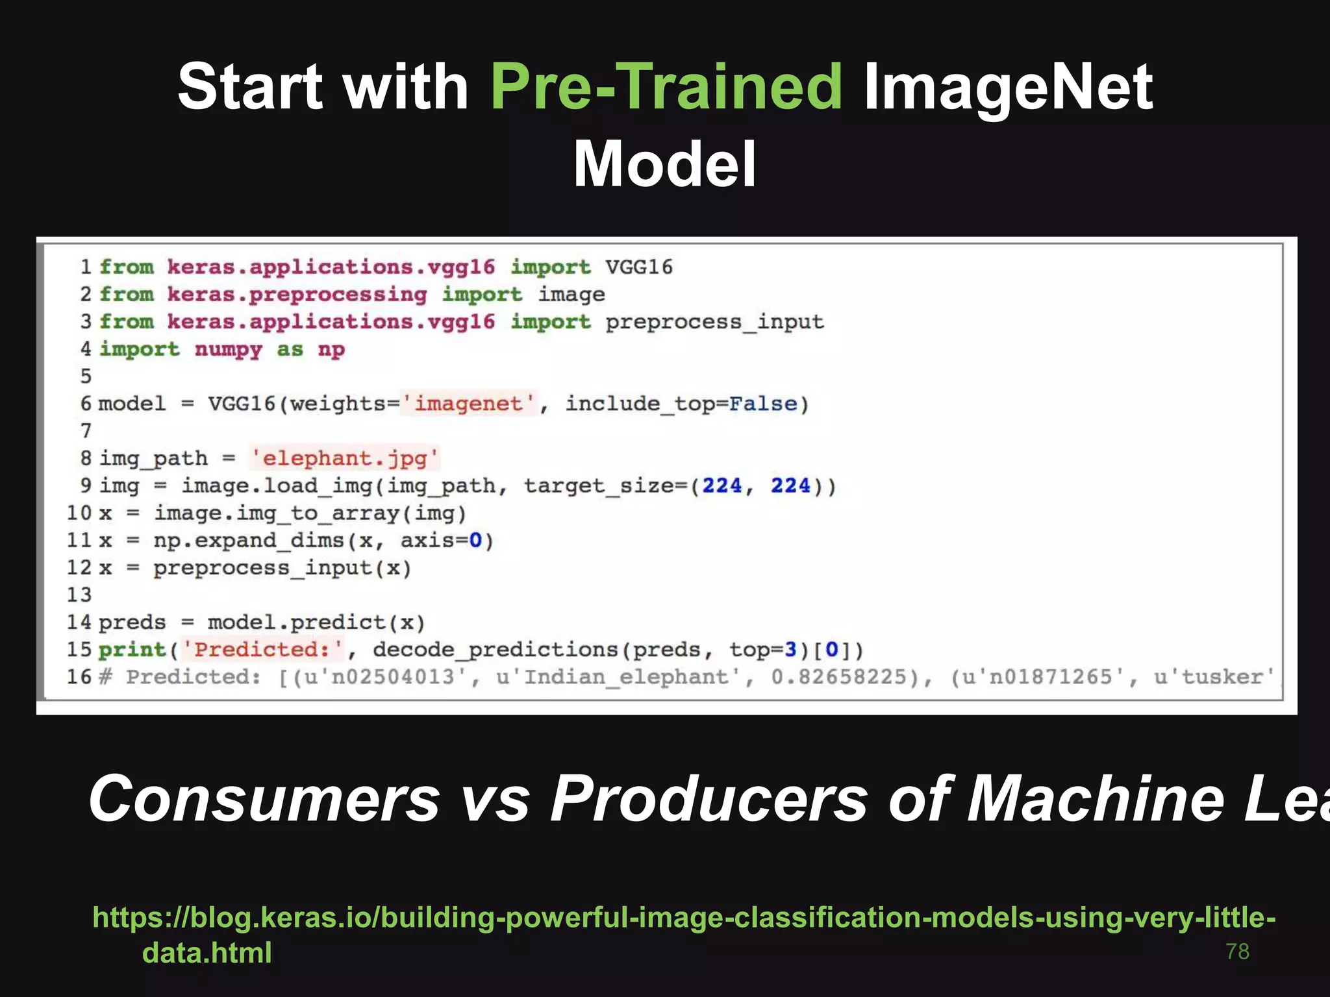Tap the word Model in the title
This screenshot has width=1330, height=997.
coord(664,164)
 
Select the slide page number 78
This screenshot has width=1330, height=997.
coord(1237,951)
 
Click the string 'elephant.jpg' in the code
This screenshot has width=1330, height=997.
coord(345,458)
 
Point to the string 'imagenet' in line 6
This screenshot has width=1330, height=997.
coord(468,404)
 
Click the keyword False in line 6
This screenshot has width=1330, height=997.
coord(762,404)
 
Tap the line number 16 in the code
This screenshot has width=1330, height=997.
coord(79,677)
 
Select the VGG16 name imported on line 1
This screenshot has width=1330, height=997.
coord(639,267)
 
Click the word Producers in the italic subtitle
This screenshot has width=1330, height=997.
coord(709,799)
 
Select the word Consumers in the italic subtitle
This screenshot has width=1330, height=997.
coord(264,799)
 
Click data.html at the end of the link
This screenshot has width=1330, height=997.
coord(207,952)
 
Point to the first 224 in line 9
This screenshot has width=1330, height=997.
coord(721,486)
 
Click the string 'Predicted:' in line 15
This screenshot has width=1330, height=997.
coord(262,650)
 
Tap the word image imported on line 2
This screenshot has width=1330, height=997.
coord(571,295)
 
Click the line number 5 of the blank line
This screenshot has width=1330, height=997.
coord(86,376)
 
